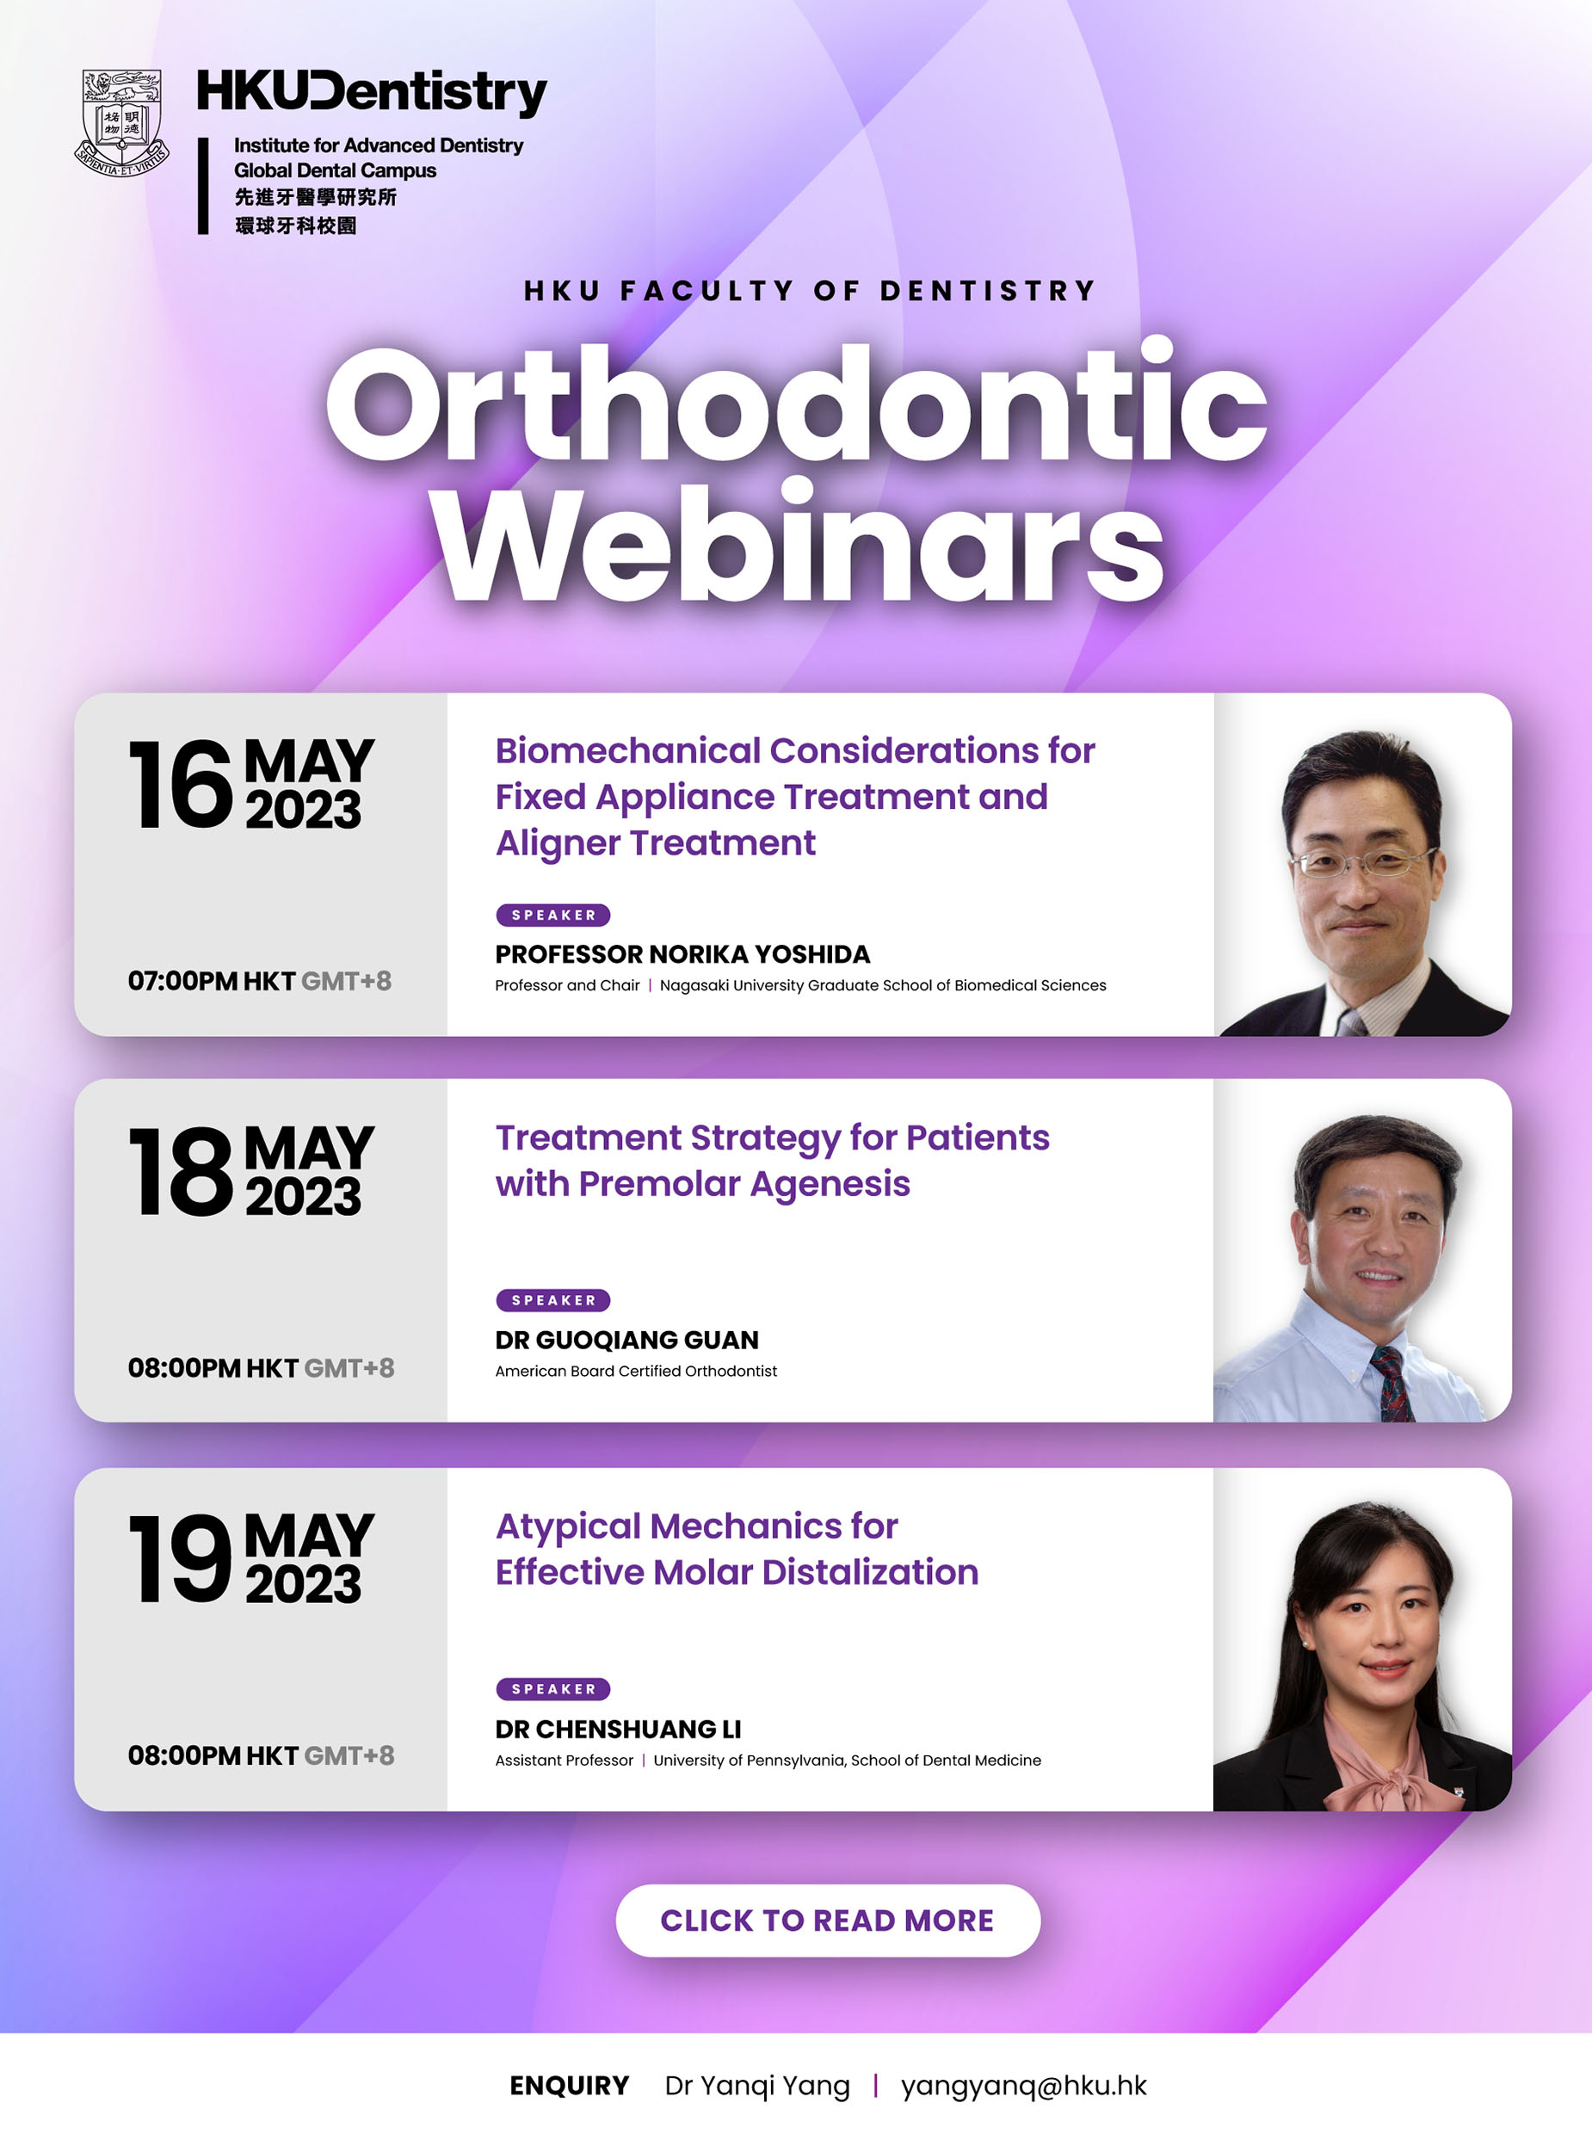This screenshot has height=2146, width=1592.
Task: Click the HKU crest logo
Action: pyautogui.click(x=121, y=122)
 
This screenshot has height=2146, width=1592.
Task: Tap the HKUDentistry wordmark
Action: pyautogui.click(x=372, y=93)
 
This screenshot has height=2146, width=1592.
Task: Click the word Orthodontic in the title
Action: pyautogui.click(x=796, y=404)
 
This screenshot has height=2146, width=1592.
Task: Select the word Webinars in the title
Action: pyautogui.click(x=799, y=545)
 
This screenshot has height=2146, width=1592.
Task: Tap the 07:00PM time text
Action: pyautogui.click(x=182, y=981)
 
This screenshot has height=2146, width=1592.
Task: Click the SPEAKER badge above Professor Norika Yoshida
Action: pyautogui.click(x=553, y=915)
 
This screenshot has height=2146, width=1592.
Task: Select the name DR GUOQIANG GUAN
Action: pyautogui.click(x=626, y=1340)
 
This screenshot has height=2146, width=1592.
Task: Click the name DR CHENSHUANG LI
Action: pyautogui.click(x=618, y=1729)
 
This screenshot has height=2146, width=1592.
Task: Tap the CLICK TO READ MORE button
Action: pyautogui.click(x=827, y=1921)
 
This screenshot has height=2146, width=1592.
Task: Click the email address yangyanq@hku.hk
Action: pyautogui.click(x=1023, y=2085)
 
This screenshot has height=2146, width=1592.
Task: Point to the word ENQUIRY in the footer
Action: pyautogui.click(x=569, y=2085)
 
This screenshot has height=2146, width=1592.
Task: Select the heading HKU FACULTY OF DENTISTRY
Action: pyautogui.click(x=810, y=290)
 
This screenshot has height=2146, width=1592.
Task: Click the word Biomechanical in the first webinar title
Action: pyautogui.click(x=627, y=750)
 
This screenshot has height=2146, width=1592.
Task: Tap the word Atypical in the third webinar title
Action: pyautogui.click(x=568, y=1526)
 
